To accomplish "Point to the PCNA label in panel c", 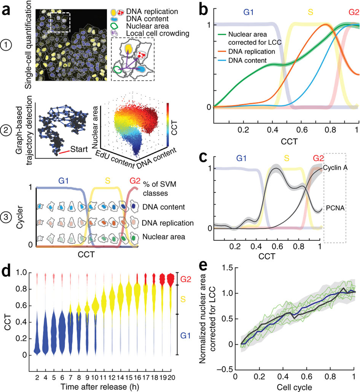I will click(334, 208).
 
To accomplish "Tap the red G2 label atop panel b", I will click(354, 13).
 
